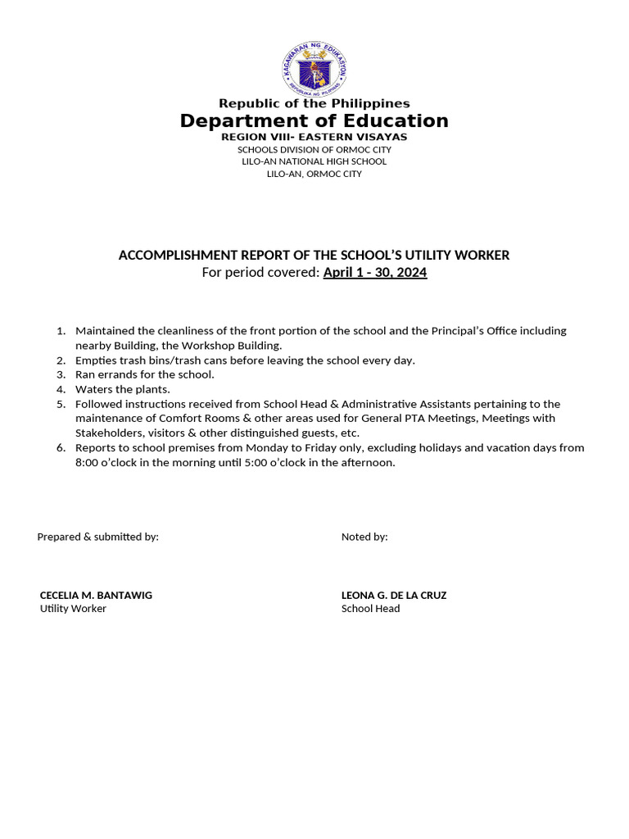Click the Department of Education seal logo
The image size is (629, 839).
314,68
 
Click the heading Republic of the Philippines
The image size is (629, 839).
314,103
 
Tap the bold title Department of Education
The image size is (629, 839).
314,121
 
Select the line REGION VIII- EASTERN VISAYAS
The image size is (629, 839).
314,137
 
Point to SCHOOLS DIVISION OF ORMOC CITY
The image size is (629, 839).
314,150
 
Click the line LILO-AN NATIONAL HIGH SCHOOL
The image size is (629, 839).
314,161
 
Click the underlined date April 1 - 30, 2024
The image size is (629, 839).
374,272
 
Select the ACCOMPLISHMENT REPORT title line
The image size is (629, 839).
314,255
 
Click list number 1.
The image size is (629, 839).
61,331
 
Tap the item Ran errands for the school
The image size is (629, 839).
144,374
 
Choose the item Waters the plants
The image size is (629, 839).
123,389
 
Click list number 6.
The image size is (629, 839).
61,447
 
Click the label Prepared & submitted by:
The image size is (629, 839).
97,537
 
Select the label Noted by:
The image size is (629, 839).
364,537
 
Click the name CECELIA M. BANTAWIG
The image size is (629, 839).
96,595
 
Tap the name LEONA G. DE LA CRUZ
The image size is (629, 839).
394,595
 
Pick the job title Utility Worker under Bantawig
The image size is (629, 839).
73,609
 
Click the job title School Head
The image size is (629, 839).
370,609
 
